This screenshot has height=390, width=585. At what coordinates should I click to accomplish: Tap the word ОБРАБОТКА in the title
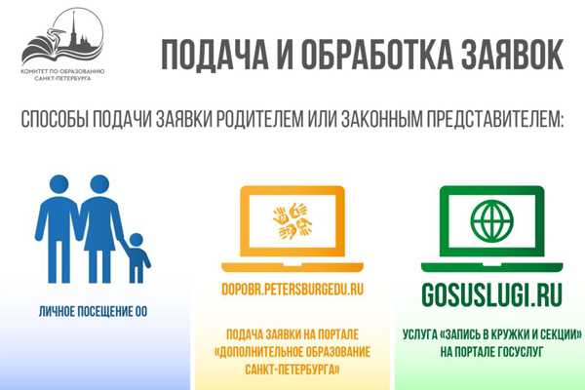(376, 55)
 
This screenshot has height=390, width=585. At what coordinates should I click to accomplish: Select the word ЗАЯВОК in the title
(512, 55)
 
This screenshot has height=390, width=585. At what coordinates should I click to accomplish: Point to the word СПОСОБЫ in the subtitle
(56, 119)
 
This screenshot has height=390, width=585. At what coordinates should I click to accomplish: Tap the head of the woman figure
(99, 184)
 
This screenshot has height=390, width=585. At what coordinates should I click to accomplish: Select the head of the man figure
(58, 184)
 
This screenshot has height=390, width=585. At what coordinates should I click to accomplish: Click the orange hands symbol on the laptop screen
(292, 221)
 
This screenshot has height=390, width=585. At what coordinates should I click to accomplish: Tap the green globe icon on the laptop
(491, 221)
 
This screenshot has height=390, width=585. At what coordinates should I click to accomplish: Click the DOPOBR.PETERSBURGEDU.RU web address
(292, 290)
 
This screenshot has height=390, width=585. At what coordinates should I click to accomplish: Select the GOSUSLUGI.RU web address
(491, 294)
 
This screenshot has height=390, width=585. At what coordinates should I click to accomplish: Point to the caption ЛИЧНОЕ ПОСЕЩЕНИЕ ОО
(93, 312)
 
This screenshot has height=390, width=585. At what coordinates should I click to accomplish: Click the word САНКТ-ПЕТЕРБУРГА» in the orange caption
(292, 370)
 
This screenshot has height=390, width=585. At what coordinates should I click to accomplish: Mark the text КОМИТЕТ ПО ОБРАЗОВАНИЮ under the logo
(62, 71)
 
